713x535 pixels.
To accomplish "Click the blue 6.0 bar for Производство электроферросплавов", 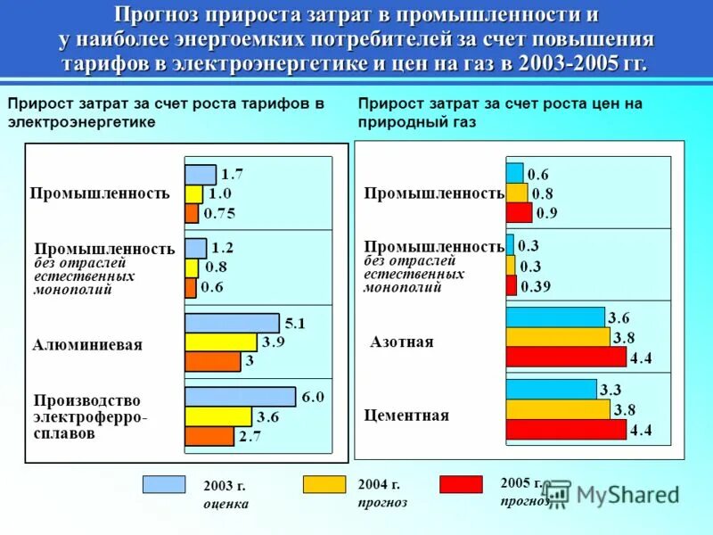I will pos(240,397).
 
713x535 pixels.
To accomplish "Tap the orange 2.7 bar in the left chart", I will pos(209,436).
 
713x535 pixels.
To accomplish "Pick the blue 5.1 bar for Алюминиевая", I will pos(232,323).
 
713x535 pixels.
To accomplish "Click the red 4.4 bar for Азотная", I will pos(566,358).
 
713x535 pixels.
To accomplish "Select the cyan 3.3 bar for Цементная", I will pos(551,389).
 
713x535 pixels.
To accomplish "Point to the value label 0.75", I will pos(219,213).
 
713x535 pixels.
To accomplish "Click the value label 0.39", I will pos(537,286).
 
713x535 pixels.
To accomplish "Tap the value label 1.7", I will pos(233,173).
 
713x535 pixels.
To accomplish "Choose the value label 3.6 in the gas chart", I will pos(619,317).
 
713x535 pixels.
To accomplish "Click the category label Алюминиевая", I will pos(87,344).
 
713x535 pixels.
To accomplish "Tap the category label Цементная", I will pos(407,416).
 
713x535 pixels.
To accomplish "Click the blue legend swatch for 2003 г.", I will pos(164,484).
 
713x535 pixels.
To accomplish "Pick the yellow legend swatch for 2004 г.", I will pos(324,484).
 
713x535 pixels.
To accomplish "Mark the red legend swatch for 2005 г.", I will pos(461,484).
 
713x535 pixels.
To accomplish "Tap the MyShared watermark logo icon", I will pos(556,493).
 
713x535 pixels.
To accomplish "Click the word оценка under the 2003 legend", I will pos(225,504).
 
